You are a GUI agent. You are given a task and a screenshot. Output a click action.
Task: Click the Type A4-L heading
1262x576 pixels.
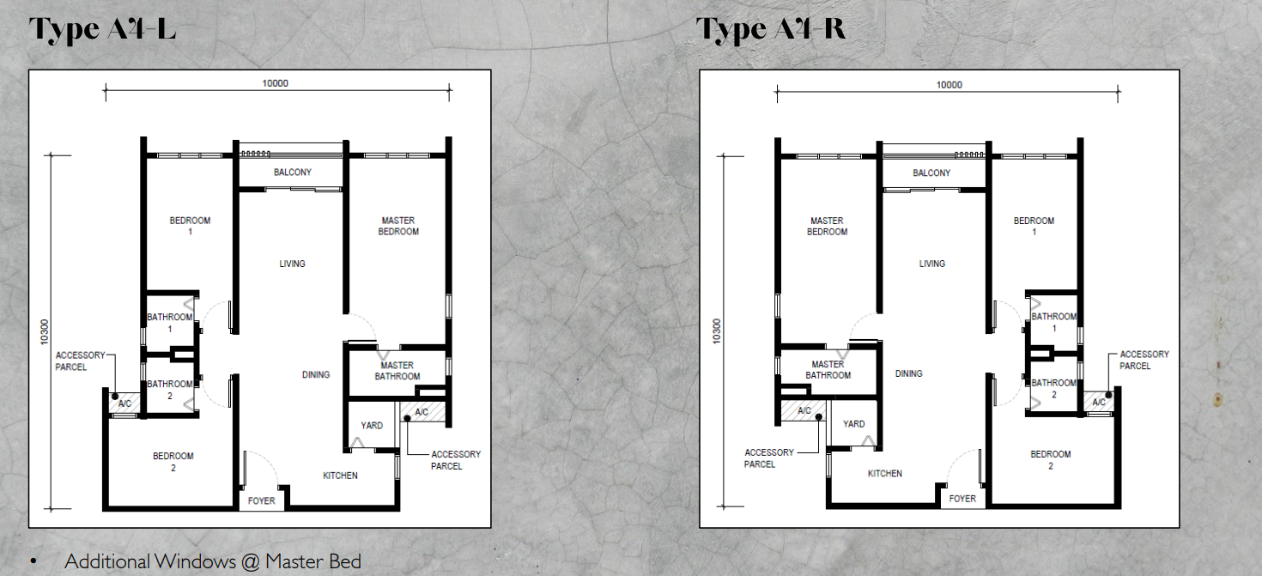point(103,28)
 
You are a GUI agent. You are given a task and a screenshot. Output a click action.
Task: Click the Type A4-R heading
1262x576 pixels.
point(771,28)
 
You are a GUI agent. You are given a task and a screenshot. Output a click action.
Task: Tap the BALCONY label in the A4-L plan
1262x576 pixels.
point(293,173)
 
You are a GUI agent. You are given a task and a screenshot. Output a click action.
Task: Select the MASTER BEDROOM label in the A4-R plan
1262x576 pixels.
point(827,226)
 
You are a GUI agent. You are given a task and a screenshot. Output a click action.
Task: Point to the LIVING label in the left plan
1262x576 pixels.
point(292,264)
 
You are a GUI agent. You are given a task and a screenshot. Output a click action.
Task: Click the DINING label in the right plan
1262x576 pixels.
point(908,373)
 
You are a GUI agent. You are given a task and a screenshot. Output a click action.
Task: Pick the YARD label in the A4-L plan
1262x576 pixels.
point(372,425)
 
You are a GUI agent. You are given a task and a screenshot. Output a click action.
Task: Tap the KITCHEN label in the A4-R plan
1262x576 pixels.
point(885,473)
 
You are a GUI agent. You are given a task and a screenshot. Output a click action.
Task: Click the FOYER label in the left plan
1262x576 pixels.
point(262,500)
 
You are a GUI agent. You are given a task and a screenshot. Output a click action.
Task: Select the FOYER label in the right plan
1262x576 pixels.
point(962,499)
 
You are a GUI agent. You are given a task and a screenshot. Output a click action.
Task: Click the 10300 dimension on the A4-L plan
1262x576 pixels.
point(45,332)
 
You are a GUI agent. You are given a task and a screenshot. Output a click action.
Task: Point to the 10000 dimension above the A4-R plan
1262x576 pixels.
point(950,84)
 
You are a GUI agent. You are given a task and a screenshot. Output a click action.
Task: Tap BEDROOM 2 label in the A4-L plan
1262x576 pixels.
point(173,462)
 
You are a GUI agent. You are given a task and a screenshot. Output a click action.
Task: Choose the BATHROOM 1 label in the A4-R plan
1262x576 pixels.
point(1054,322)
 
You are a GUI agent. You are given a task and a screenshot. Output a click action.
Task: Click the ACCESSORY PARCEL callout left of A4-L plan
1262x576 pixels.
point(80,361)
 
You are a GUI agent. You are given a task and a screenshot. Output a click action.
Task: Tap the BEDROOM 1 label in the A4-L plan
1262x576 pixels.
point(190,226)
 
